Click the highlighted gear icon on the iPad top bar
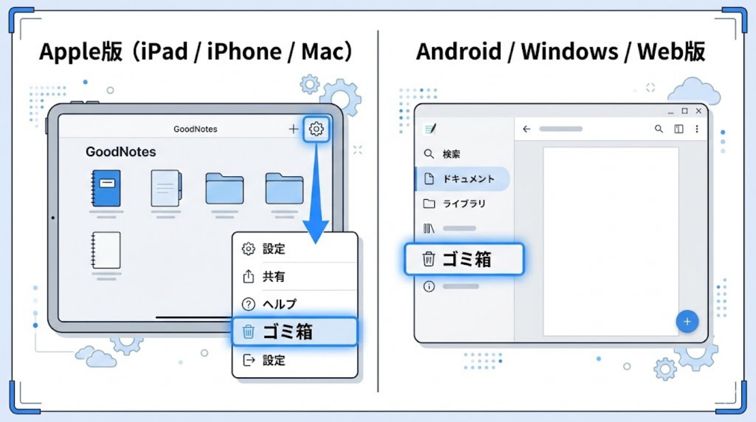pyautogui.click(x=317, y=129)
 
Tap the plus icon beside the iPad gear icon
pyautogui.click(x=293, y=129)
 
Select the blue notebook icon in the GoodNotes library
pyautogui.click(x=106, y=189)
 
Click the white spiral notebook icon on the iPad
pyautogui.click(x=106, y=250)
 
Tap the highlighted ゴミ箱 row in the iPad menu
pyautogui.click(x=295, y=332)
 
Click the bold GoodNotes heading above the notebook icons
pyautogui.click(x=121, y=152)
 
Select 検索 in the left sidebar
pyautogui.click(x=451, y=154)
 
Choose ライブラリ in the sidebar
pyautogui.click(x=464, y=204)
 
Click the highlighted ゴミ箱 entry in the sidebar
pyautogui.click(x=464, y=259)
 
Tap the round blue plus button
pyautogui.click(x=687, y=322)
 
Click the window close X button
pyautogui.click(x=699, y=111)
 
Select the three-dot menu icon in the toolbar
pyautogui.click(x=697, y=129)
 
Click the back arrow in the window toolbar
pyautogui.click(x=527, y=129)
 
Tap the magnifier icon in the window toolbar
pyautogui.click(x=659, y=129)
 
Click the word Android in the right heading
pyautogui.click(x=458, y=52)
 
